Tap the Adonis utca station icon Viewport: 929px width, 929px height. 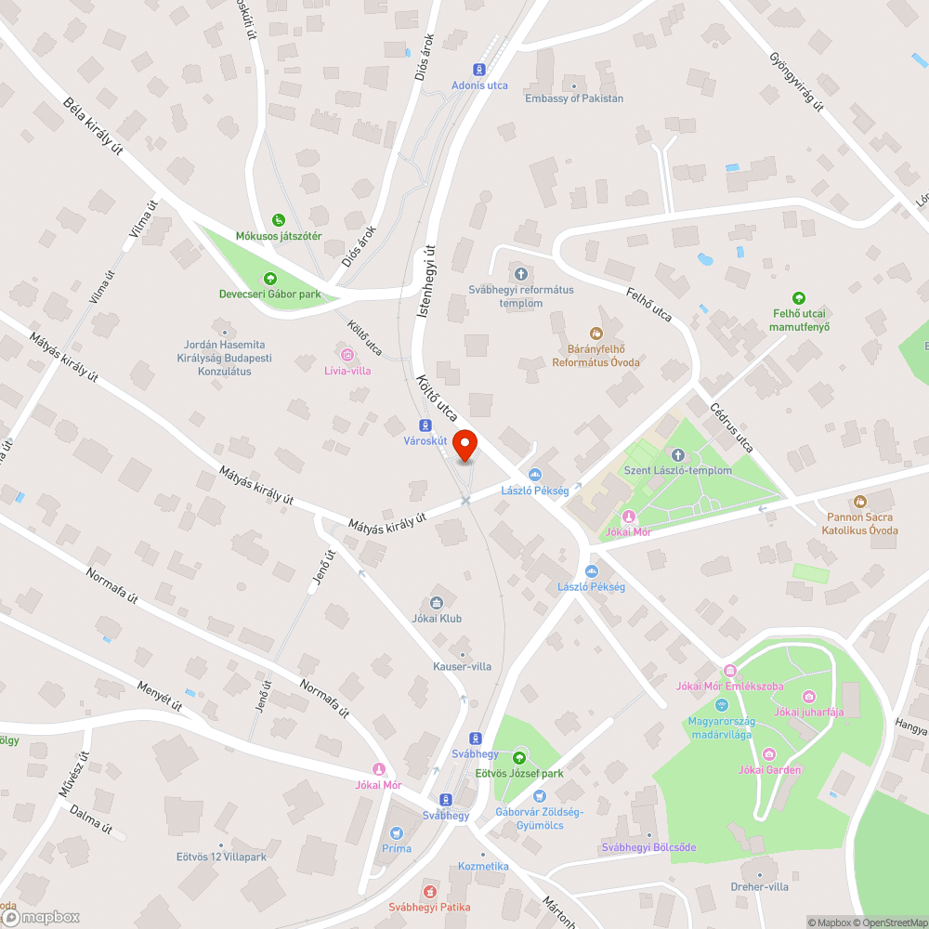click(479, 69)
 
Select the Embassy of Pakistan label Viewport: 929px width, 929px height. click(574, 98)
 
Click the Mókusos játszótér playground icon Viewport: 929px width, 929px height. click(279, 220)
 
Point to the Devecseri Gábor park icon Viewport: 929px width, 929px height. click(269, 278)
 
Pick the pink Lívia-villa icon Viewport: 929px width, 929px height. click(347, 354)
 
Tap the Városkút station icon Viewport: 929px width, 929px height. click(425, 425)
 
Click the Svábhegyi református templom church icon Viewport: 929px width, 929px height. click(520, 274)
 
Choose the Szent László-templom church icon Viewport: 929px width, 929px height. click(677, 454)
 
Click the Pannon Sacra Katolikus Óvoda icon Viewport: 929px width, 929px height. click(859, 502)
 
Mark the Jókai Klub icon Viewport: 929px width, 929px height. click(437, 603)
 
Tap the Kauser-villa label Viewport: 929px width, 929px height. click(462, 666)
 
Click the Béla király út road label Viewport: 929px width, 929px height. click(93, 126)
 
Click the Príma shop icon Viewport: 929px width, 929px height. click(397, 832)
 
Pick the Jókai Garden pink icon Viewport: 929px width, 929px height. click(769, 753)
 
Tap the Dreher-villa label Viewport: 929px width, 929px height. click(760, 886)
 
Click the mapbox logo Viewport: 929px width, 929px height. click(42, 917)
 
